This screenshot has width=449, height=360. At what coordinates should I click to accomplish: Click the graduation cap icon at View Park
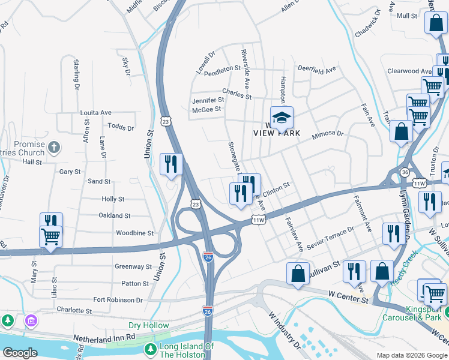coord(280,118)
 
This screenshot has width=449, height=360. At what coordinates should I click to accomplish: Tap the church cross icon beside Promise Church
coord(53,147)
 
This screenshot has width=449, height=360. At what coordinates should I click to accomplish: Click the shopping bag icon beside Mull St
coord(435,24)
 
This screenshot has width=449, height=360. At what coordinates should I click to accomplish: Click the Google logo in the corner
coord(19,352)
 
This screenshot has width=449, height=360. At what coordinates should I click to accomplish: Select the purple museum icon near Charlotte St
coord(31,322)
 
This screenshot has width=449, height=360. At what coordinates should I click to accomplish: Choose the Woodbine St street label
coord(134,233)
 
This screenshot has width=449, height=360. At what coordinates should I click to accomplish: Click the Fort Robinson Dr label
coord(118,299)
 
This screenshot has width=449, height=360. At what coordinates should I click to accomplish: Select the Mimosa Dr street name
coord(327,136)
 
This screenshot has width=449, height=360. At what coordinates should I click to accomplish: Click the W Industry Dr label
coord(284,332)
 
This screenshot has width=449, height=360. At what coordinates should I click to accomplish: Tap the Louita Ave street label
coord(96,112)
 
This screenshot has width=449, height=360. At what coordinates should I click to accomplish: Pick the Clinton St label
coord(276,187)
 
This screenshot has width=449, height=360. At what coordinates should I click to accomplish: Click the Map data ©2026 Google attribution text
coord(411,355)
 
